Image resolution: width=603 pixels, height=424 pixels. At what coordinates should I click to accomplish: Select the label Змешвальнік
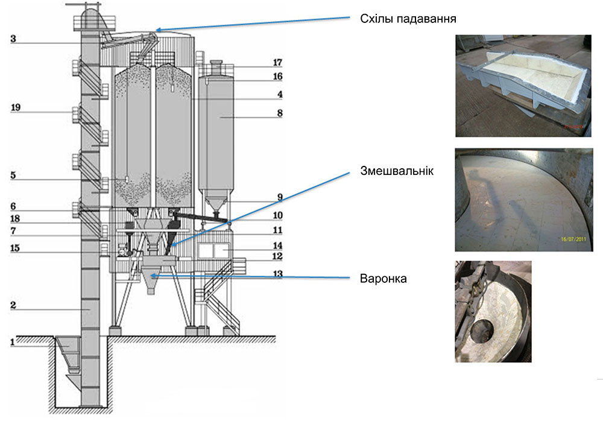point(396,170)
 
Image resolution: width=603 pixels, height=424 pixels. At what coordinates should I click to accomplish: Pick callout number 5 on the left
point(13,179)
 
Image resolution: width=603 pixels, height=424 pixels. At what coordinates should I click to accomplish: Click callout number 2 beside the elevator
point(13,306)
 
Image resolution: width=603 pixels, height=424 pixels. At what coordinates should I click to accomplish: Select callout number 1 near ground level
point(11,342)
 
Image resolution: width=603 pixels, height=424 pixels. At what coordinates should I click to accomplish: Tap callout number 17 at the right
point(277,62)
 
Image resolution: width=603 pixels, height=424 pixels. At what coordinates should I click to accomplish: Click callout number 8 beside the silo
point(277,113)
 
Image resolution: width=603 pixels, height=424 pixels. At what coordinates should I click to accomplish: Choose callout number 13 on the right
point(277,273)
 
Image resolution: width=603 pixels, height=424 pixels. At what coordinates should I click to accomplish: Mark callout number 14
point(277,245)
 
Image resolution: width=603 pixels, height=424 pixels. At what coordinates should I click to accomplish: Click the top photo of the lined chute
point(523,85)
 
